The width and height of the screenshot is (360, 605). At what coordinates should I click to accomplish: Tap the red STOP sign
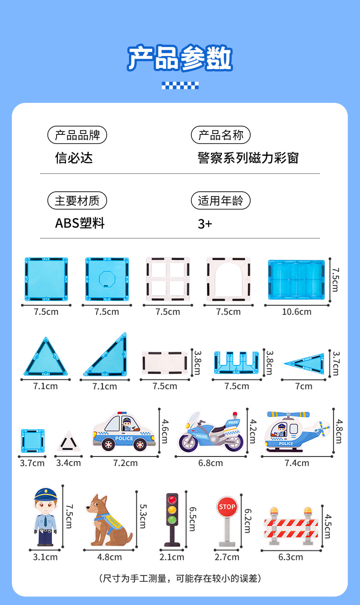(x=227, y=507)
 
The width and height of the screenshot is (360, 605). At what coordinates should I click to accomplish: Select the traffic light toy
(x=171, y=518)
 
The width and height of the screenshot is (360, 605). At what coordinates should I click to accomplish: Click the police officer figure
(x=45, y=517)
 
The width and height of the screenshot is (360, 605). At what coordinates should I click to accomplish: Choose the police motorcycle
(x=210, y=432)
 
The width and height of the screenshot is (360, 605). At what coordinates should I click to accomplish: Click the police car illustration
(x=124, y=431)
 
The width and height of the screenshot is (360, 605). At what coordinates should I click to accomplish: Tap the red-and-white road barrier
(x=291, y=526)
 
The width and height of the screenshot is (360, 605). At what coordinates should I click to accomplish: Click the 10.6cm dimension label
(x=297, y=312)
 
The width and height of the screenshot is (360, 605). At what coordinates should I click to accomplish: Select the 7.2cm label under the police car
(x=125, y=463)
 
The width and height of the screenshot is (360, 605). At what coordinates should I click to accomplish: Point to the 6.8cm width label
(x=211, y=463)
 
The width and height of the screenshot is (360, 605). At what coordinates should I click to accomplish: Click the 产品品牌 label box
(x=77, y=135)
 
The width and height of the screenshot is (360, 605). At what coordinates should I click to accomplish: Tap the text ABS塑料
(x=80, y=223)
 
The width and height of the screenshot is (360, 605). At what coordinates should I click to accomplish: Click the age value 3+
(x=205, y=224)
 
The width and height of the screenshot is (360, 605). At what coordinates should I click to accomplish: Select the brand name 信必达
(x=73, y=158)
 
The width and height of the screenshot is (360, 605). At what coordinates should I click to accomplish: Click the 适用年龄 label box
(x=221, y=200)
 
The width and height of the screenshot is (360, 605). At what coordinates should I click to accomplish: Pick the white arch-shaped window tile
(x=228, y=279)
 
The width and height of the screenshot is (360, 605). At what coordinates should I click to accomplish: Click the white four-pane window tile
(x=168, y=279)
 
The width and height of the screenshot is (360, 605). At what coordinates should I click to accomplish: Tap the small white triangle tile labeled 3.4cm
(x=68, y=442)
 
